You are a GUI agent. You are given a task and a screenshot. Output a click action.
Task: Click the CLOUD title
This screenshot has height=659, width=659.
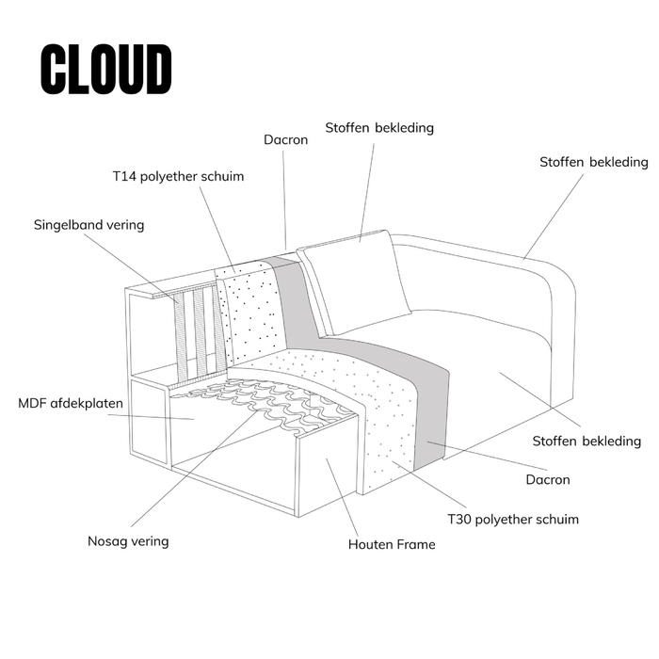(106, 69)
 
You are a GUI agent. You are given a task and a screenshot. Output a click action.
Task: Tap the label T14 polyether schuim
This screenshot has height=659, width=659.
(178, 176)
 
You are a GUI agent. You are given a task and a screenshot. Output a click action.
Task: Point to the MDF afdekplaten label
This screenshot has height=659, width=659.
(71, 404)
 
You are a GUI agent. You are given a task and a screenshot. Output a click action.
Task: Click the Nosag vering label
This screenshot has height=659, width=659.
(128, 540)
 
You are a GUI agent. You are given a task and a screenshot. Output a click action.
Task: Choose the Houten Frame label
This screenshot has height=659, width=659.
(392, 544)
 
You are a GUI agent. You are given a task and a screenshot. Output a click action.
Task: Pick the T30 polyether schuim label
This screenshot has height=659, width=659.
(512, 519)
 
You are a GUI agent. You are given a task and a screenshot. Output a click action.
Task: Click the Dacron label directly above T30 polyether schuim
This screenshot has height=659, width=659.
(547, 479)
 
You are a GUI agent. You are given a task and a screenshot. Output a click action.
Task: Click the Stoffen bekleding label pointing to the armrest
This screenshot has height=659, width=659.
(593, 162)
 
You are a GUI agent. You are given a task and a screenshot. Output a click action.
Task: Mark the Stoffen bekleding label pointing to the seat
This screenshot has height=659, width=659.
(587, 441)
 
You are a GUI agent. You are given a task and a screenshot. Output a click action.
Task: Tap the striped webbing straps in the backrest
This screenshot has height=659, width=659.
(198, 329)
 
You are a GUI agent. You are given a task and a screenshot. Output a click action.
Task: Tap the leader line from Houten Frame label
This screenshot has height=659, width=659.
(344, 499)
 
